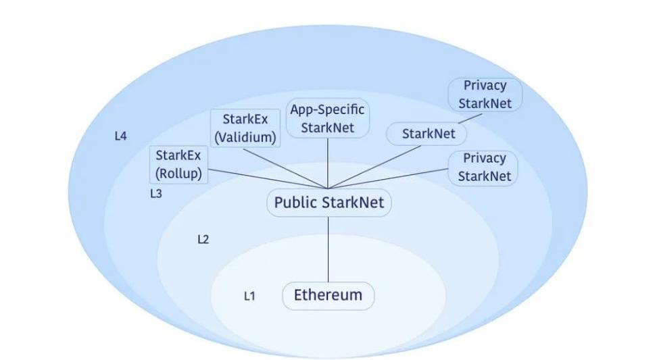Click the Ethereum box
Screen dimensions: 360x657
click(328, 296)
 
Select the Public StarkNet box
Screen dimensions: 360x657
click(329, 203)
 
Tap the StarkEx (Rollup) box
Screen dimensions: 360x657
click(179, 164)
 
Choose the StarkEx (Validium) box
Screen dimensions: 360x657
click(245, 128)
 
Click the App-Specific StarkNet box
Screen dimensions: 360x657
click(328, 118)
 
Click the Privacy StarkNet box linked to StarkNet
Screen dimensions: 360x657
click(484, 95)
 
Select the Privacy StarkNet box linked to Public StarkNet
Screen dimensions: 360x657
click(484, 167)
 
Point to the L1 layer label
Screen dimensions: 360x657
click(249, 296)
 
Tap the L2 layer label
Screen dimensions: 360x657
click(203, 239)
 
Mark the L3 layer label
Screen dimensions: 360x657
click(155, 193)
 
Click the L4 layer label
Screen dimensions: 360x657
click(120, 136)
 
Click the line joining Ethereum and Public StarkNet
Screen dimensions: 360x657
click(328, 250)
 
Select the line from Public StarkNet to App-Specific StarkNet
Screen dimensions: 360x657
click(328, 162)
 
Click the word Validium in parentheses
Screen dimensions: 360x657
click(245, 137)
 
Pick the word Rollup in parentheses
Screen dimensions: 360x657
click(179, 173)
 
